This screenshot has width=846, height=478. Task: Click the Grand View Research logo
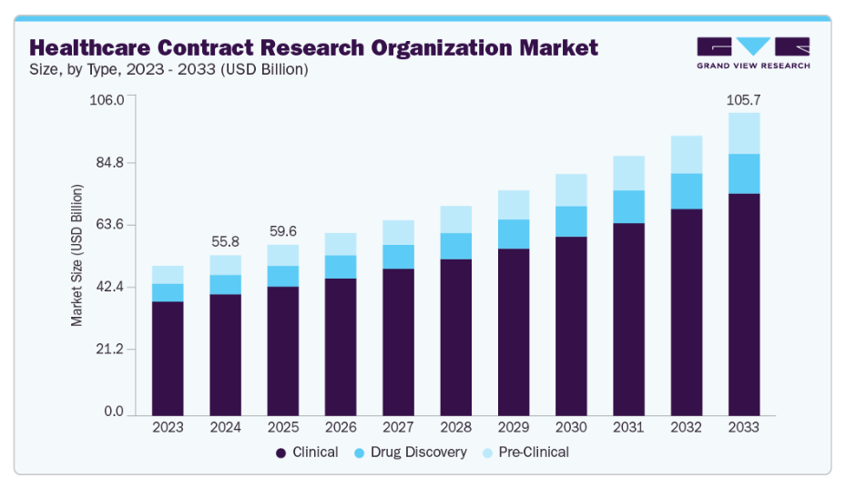[x=752, y=53]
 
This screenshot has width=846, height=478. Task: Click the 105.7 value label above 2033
[x=743, y=99]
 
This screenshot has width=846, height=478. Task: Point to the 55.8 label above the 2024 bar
[x=225, y=241]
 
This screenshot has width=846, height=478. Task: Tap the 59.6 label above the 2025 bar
[x=282, y=230]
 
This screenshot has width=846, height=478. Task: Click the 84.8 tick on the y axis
[x=108, y=163]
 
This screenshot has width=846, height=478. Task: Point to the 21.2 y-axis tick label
[x=108, y=351]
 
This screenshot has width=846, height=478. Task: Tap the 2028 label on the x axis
[x=456, y=427]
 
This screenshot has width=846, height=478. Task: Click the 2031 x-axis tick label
[x=629, y=427]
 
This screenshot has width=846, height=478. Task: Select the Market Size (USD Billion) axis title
[x=77, y=255]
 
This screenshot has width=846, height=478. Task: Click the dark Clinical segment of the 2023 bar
[x=168, y=358]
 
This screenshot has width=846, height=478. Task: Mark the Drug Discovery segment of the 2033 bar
[x=744, y=174]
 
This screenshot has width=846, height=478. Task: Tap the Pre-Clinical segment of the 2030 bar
[x=571, y=190]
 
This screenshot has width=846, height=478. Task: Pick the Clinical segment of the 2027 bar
[x=398, y=341]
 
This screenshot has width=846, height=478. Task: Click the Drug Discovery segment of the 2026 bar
[x=341, y=267]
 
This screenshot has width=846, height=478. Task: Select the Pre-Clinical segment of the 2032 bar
[x=687, y=155]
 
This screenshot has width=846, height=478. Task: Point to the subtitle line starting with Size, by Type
[x=168, y=70]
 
